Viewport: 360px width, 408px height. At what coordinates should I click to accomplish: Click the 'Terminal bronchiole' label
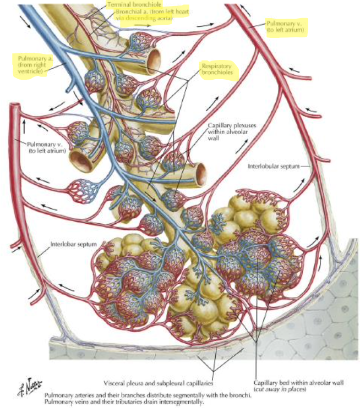click(x=134, y=4)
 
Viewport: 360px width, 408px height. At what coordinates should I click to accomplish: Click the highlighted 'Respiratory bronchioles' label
click(x=217, y=69)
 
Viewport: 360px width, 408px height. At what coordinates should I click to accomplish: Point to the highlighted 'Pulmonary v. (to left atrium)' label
click(x=285, y=26)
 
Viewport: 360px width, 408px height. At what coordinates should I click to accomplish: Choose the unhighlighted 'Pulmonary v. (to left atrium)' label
click(x=47, y=147)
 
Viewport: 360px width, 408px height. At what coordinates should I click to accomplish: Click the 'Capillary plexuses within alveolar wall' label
click(x=232, y=131)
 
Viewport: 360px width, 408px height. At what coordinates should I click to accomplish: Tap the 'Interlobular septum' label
click(x=274, y=166)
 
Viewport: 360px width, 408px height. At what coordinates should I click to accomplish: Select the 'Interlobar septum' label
click(x=73, y=244)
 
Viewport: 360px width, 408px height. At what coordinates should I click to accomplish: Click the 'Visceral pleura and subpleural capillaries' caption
click(x=159, y=383)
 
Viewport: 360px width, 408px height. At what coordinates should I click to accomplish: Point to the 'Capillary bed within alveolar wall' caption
click(x=298, y=383)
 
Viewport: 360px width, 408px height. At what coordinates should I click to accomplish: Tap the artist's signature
click(x=30, y=385)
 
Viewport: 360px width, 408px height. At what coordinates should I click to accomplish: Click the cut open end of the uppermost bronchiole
click(x=154, y=59)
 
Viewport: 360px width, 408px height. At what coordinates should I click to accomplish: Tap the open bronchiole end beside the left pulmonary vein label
click(x=81, y=161)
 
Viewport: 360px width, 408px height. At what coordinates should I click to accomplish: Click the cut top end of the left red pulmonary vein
click(x=15, y=106)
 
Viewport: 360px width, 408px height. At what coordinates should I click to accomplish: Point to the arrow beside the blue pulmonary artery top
click(x=26, y=22)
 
